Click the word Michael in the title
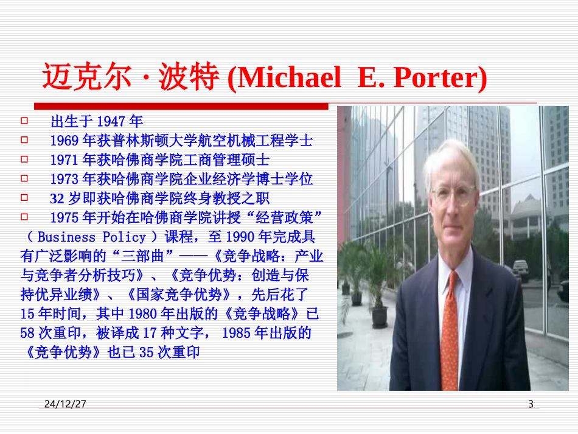pyautogui.click(x=288, y=77)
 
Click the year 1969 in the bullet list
pyautogui.click(x=64, y=141)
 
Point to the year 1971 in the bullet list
pyautogui.click(x=64, y=160)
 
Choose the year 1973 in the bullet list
pyautogui.click(x=64, y=179)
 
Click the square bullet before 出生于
pyautogui.click(x=24, y=121)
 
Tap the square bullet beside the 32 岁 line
pyautogui.click(x=24, y=198)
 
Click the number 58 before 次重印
pyautogui.click(x=27, y=333)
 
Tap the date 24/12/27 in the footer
pyautogui.click(x=64, y=404)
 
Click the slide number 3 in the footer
pyautogui.click(x=531, y=404)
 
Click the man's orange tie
pyautogui.click(x=450, y=329)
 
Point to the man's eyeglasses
pyautogui.click(x=453, y=195)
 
